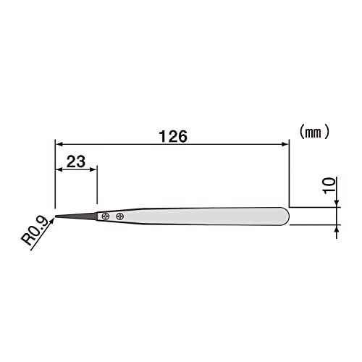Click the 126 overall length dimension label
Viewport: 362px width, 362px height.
[173, 136]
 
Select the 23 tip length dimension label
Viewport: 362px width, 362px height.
[76, 161]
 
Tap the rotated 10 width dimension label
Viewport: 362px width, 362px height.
[329, 185]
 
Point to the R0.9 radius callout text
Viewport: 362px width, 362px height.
[35, 231]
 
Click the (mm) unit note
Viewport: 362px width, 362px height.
[314, 132]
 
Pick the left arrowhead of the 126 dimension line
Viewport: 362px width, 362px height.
[59, 144]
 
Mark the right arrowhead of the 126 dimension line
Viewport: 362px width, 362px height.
[285, 144]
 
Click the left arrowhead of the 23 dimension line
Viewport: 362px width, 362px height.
[59, 169]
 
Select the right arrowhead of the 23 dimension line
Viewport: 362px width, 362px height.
[93, 169]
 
